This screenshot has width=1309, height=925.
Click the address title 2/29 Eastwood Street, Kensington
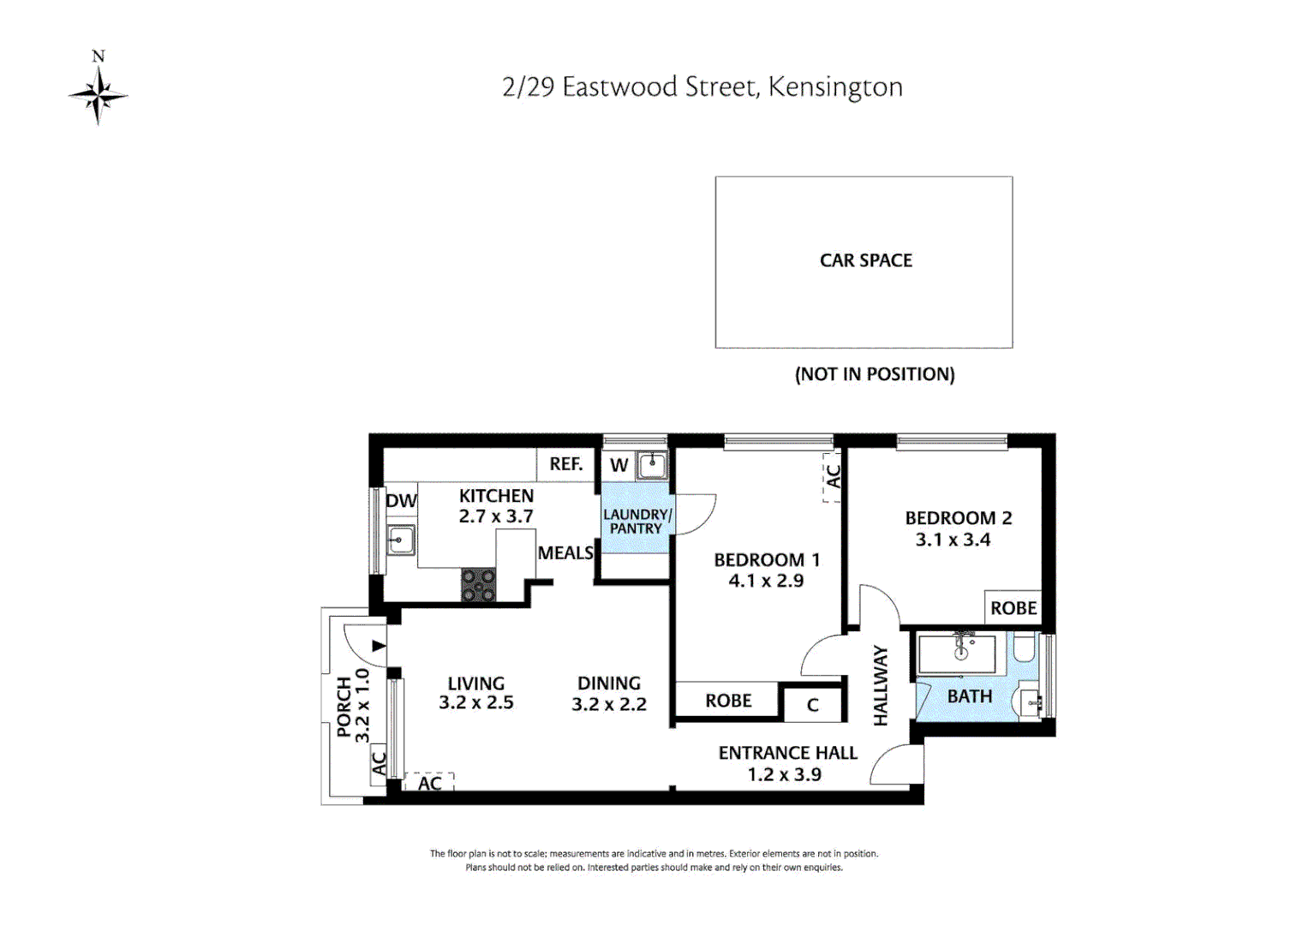coord(702,87)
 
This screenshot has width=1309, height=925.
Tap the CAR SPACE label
coord(865,260)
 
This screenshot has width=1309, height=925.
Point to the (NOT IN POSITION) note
coord(874,374)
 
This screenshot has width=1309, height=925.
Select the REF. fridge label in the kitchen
coord(565,464)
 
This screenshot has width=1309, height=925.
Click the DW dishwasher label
coord(401,501)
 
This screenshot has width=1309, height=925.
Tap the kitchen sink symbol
coord(400,540)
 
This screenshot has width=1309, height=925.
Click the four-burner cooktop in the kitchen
coord(478,585)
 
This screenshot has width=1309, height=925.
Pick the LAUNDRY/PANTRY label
coord(637,522)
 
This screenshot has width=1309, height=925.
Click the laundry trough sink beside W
coord(652,465)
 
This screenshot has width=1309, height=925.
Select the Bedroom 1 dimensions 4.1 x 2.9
coord(766,581)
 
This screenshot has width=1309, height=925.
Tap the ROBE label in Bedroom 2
coord(1013,608)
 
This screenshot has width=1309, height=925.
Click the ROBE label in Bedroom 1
coord(728,701)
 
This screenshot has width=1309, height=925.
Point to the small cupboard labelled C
coord(813,705)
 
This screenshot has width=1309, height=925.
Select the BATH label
coord(969,696)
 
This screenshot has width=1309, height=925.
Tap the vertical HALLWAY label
coord(881,686)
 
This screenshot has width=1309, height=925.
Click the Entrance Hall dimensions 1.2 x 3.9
coord(784,774)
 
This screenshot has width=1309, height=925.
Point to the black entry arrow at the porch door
coord(379,646)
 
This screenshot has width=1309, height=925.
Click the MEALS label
coord(565,553)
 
